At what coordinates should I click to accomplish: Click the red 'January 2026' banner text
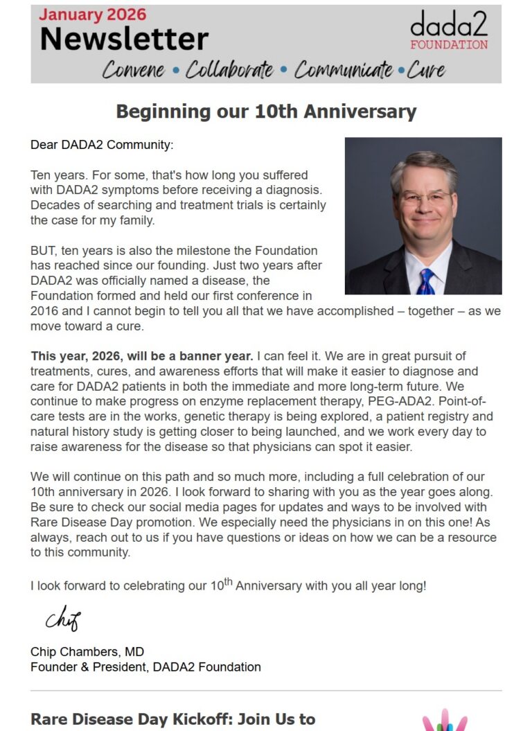(93, 15)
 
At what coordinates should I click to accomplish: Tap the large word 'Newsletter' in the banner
(124, 39)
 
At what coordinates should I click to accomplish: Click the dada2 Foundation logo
(448, 31)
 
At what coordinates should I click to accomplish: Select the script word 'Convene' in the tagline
(134, 70)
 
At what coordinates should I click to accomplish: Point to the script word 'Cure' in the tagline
(426, 70)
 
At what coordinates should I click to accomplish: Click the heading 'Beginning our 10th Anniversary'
(266, 111)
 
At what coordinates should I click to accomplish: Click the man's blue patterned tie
(425, 281)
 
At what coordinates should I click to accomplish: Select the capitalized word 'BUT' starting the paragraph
(42, 250)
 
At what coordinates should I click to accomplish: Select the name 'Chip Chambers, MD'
(87, 651)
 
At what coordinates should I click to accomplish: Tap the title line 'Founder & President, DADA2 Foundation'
(145, 667)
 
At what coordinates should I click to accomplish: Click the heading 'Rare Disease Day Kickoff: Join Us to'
(173, 719)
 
